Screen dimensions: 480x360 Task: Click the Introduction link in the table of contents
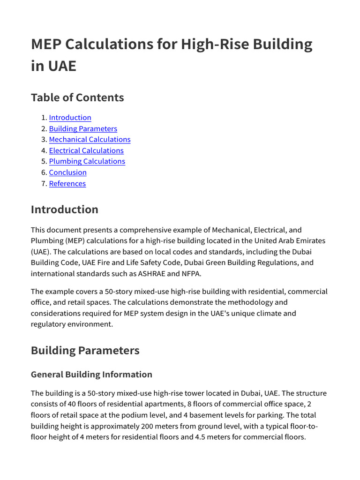(70, 118)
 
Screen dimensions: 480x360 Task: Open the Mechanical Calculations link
(90, 140)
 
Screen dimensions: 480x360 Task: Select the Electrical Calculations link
(86, 150)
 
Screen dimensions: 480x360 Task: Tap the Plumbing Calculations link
(87, 161)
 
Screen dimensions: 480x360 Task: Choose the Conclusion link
(67, 172)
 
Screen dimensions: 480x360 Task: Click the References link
(67, 184)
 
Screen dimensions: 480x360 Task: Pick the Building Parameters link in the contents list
(83, 129)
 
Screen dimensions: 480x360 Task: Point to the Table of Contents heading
(77, 97)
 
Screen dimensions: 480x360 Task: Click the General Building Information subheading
(91, 374)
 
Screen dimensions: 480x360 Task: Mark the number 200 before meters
(147, 426)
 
